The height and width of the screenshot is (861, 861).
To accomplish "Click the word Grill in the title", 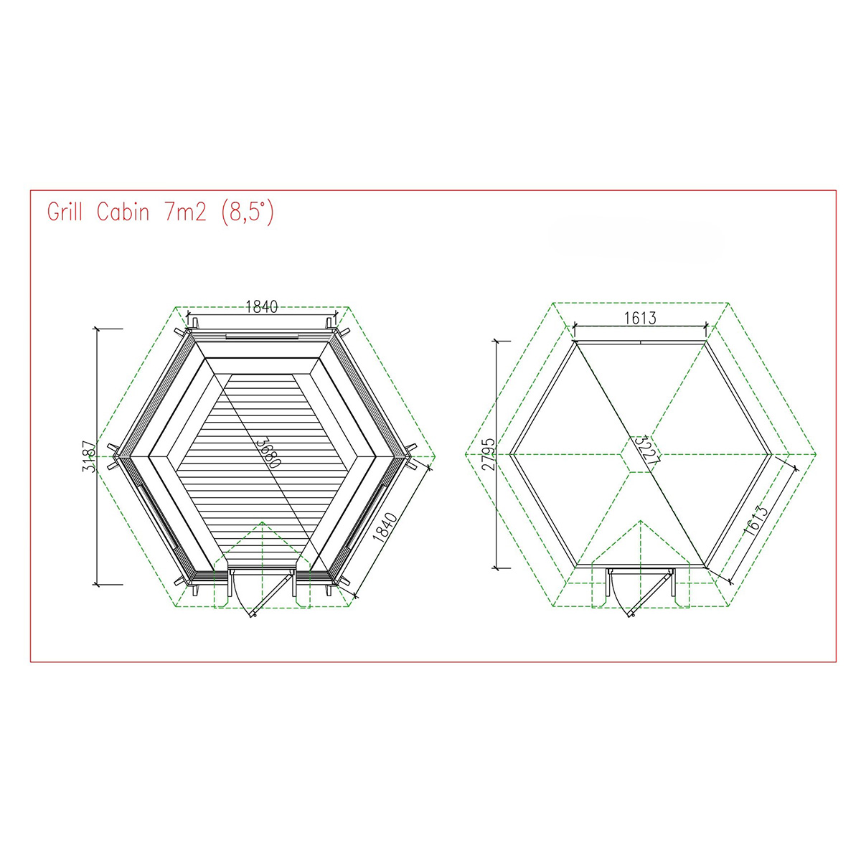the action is pos(65,212).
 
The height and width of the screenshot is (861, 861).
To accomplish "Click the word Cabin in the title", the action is pos(123,212).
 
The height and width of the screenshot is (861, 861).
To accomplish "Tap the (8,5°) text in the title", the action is pos(248,213).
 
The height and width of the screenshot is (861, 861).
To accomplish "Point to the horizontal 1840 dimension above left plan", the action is pos(262,306).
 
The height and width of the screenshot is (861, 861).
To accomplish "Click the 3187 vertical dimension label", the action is pos(90,456).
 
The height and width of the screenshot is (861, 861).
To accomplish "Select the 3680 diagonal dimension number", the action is pos(268,452).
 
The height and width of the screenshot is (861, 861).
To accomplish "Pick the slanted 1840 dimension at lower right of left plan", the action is pos(385,527).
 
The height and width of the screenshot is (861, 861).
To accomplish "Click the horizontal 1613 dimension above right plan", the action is pos(640,318).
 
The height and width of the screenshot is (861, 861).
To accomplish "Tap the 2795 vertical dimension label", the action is pos(489,454).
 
